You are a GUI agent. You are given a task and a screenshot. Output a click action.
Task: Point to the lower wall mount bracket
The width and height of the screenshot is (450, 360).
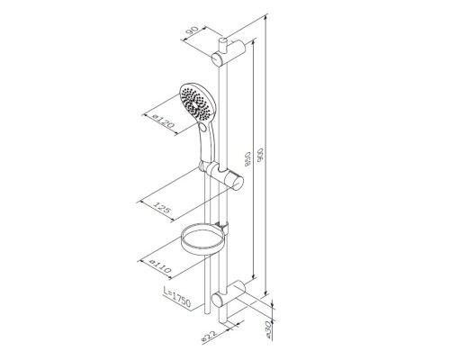[227, 297]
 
